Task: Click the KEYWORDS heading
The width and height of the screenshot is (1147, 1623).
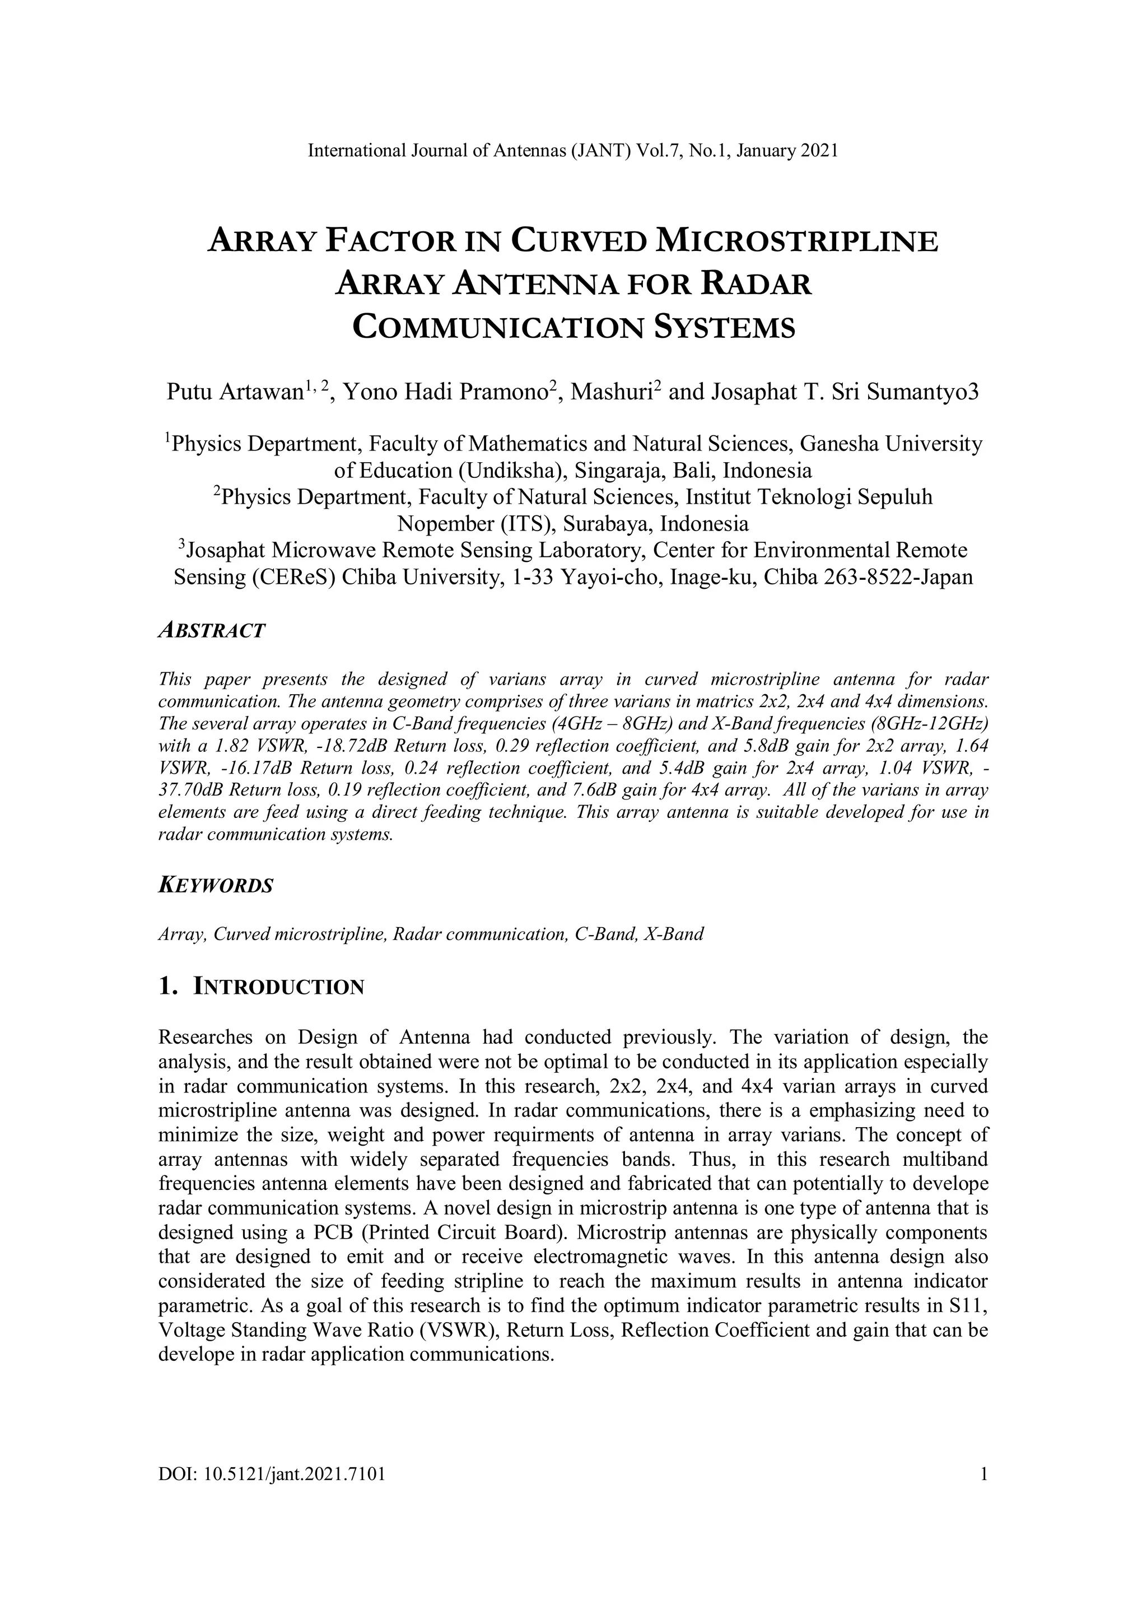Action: point(216,886)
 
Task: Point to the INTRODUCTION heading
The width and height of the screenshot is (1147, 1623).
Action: point(278,988)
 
